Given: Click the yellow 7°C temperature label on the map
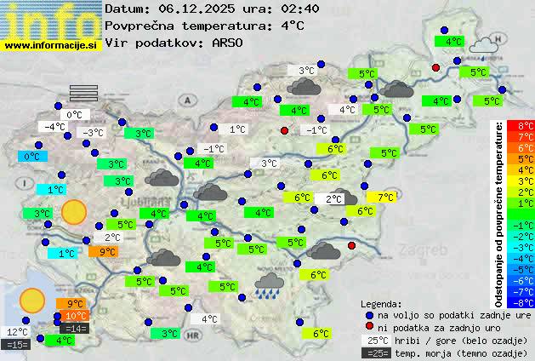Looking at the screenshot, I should click(x=386, y=197).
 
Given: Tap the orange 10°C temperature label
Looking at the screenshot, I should click(x=77, y=317).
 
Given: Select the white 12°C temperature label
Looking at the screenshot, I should click(x=17, y=332).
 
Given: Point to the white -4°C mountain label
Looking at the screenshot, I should click(x=54, y=127).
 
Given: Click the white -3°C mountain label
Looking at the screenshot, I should click(x=91, y=132).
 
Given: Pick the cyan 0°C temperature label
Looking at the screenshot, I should click(x=31, y=156).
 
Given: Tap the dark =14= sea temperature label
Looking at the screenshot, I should click(x=75, y=328).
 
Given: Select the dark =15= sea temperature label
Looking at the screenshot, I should click(x=17, y=344).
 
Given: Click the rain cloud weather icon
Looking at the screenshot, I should click(x=270, y=284).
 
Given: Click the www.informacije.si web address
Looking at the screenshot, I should click(x=51, y=44).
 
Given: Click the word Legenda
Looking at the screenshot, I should click(x=381, y=304).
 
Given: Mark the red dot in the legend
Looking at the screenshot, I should click(x=368, y=327).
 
